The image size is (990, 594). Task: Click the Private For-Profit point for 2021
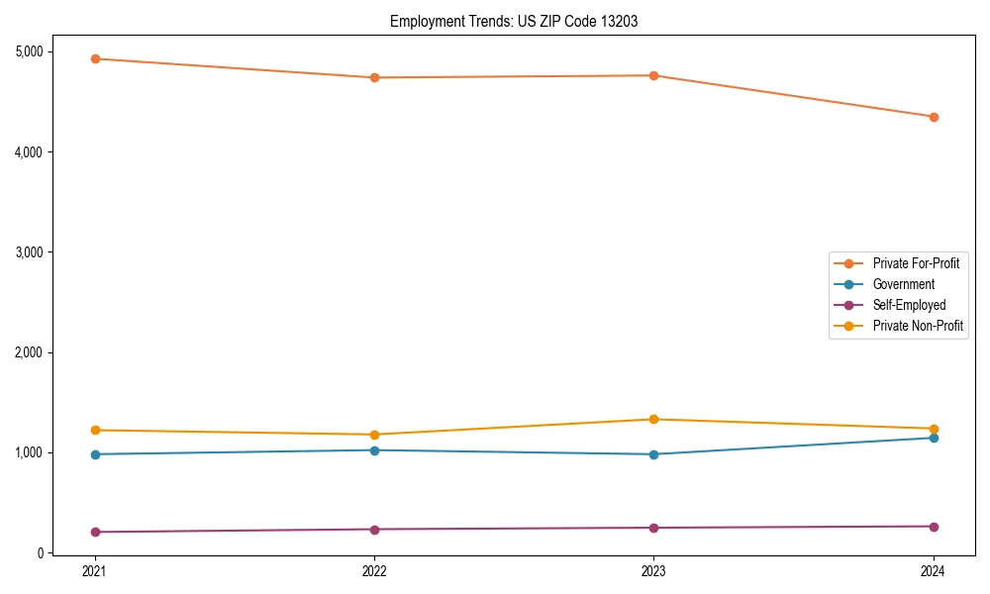[x=94, y=58]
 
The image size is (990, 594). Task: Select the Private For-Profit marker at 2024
[x=934, y=117]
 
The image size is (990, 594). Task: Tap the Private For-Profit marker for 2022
[x=374, y=77]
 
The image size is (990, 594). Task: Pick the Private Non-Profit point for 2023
[x=653, y=419]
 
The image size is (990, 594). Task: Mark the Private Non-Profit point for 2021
[x=94, y=430]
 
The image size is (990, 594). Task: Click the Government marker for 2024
[x=934, y=438]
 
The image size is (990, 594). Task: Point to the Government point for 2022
[x=374, y=450]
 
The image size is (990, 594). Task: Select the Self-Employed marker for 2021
[x=94, y=532]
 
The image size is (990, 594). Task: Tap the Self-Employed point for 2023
[x=653, y=528]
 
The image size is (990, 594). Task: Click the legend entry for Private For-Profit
[x=916, y=263]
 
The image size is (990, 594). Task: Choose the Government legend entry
[x=903, y=284]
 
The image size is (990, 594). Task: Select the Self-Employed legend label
[x=909, y=305]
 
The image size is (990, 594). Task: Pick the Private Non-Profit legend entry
[x=918, y=326]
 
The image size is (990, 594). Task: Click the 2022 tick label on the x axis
[x=374, y=571]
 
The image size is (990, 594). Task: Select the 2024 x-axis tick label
[x=934, y=571]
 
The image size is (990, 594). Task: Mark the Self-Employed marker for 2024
[x=934, y=527]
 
